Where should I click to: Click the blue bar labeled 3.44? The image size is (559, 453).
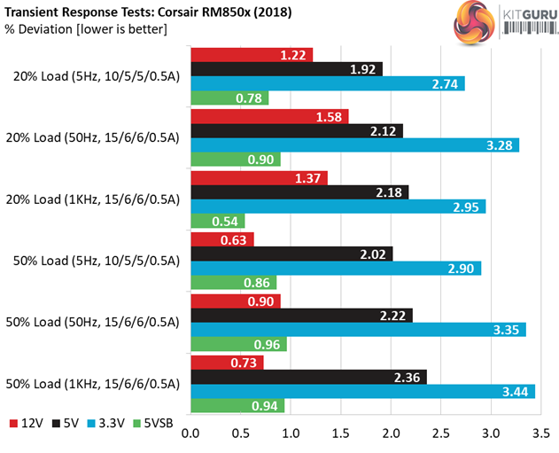362,391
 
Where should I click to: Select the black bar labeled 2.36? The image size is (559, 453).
308,376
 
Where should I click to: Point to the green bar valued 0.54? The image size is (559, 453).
217,222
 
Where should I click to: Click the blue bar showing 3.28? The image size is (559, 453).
354,144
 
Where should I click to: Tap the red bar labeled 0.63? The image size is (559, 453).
221,238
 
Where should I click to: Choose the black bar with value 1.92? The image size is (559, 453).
286,68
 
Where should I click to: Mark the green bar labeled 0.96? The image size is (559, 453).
238,345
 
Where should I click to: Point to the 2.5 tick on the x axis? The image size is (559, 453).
440,434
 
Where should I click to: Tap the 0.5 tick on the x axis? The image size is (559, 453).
240,434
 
